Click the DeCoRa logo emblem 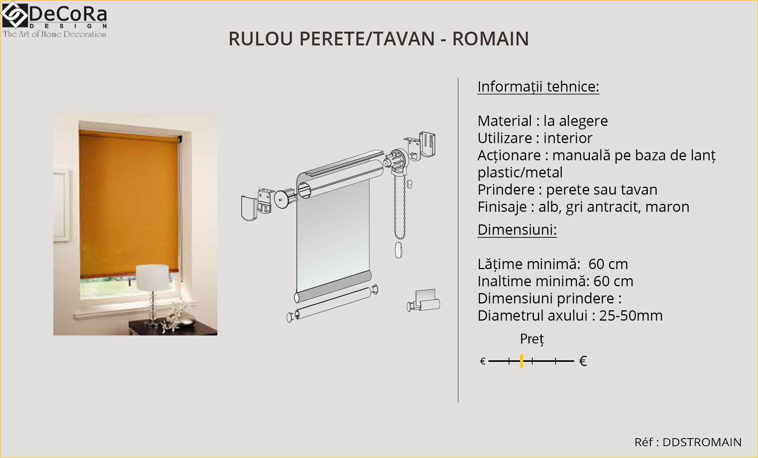pyautogui.click(x=14, y=15)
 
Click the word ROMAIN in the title pyautogui.click(x=490, y=39)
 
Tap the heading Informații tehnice pyautogui.click(x=538, y=87)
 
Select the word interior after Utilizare pyautogui.click(x=568, y=138)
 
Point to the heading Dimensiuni pyautogui.click(x=517, y=230)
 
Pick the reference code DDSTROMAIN pyautogui.click(x=702, y=442)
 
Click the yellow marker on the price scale pyautogui.click(x=521, y=361)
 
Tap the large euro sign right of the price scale pyautogui.click(x=583, y=361)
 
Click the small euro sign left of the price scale pyautogui.click(x=483, y=361)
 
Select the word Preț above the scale pyautogui.click(x=532, y=339)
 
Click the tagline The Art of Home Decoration pyautogui.click(x=55, y=34)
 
